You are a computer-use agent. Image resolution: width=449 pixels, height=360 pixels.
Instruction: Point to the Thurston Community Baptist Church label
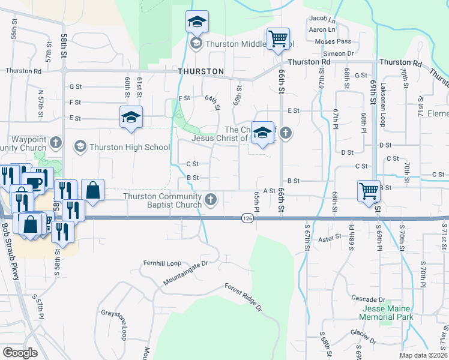162,201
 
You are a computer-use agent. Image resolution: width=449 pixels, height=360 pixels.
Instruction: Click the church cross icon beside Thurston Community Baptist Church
210,200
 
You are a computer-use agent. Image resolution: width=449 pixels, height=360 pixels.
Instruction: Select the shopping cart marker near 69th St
369,191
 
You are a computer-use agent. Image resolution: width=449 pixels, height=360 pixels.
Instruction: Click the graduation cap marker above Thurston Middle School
196,22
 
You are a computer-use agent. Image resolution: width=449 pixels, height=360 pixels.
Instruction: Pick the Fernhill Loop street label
161,263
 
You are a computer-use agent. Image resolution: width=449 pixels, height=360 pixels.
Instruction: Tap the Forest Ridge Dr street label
244,298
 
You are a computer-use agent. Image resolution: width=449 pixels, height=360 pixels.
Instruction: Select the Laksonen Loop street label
382,104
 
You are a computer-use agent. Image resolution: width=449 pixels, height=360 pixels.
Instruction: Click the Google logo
20,353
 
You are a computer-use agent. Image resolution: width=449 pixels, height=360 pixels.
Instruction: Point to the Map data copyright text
423,355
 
